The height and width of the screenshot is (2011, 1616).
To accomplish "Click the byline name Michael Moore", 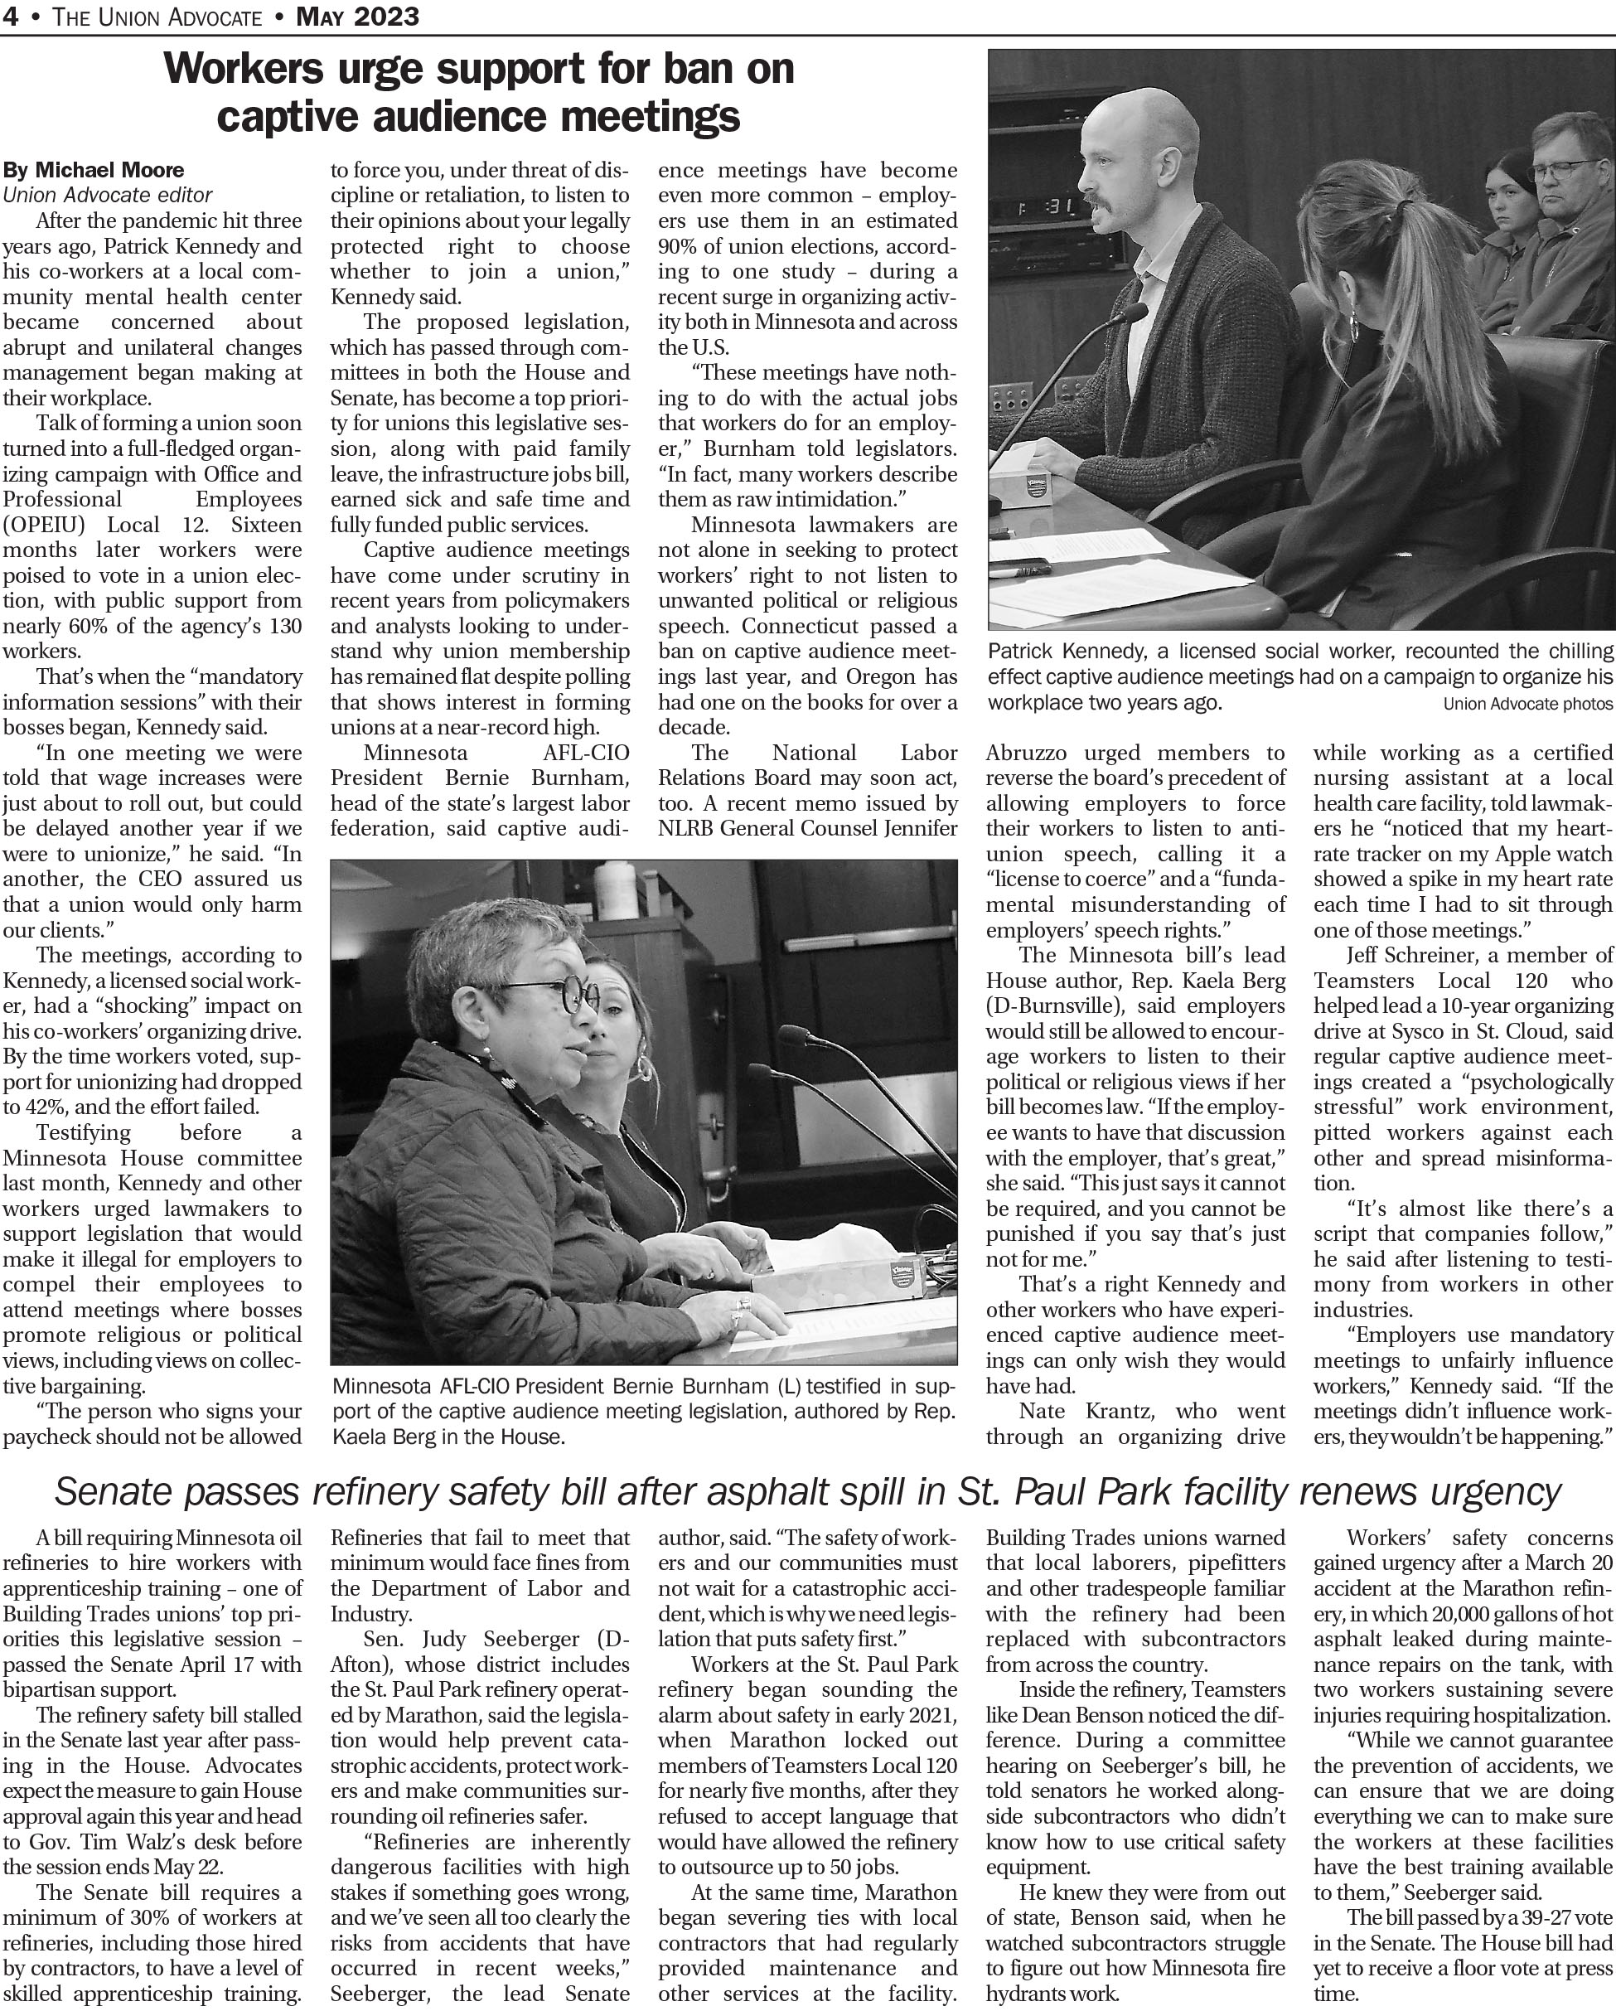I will pyautogui.click(x=109, y=170).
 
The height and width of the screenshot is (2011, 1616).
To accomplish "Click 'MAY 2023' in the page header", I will pyautogui.click(x=357, y=17).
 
